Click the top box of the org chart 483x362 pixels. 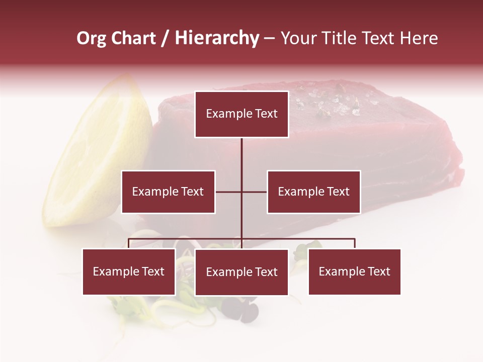click(x=242, y=114)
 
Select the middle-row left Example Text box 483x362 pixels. click(x=168, y=192)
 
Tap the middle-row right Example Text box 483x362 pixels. click(x=313, y=192)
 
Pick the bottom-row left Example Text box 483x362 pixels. click(x=129, y=271)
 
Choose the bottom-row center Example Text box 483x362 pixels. click(x=242, y=272)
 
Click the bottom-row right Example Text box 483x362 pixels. click(x=354, y=271)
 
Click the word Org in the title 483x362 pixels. click(x=91, y=38)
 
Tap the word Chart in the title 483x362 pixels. click(x=133, y=38)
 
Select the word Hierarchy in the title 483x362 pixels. click(x=216, y=38)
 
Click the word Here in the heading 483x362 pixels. click(x=419, y=38)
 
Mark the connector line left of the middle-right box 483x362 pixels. click(x=254, y=192)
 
